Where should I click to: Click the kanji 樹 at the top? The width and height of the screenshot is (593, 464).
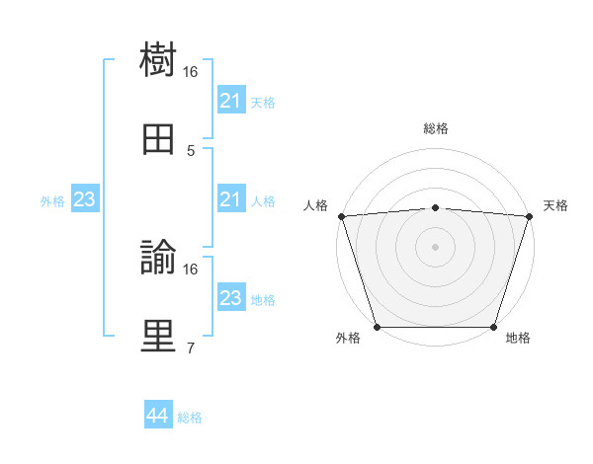158,60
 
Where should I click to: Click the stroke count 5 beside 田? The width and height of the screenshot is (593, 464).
191,151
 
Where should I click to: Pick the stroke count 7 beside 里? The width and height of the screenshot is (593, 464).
191,348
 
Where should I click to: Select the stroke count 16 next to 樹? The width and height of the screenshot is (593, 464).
191,72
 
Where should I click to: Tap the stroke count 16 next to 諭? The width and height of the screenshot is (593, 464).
191,269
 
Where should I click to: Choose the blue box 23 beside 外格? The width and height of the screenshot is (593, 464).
85,200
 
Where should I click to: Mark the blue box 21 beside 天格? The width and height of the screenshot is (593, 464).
230,101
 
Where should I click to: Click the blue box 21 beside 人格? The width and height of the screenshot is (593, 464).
230,200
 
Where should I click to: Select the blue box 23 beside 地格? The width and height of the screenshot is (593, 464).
230,298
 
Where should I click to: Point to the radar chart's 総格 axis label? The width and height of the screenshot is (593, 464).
435,128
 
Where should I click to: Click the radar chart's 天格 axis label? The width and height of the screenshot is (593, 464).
556,205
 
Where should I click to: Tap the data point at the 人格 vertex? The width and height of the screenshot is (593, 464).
341,215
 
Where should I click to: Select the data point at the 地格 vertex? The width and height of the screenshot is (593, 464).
493,327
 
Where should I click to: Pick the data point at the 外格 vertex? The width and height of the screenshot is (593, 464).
377,327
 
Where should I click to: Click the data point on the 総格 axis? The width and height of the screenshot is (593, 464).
435,207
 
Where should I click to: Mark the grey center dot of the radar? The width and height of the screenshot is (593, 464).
435,247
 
